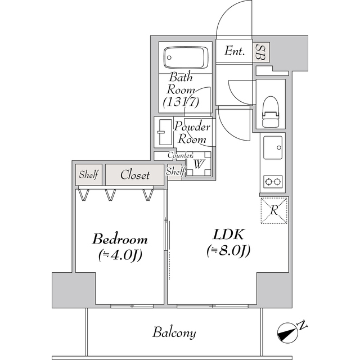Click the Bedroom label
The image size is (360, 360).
[x=120, y=238]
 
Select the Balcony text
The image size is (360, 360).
[x=174, y=332]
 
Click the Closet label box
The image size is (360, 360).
[x=135, y=175]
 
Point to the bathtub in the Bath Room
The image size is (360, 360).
[x=185, y=57]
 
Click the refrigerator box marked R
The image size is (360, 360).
[x=274, y=210]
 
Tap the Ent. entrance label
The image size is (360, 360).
[x=235, y=52]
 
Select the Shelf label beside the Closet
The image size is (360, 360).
[x=88, y=175]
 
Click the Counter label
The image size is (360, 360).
[x=181, y=155]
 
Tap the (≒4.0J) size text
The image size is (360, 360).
[x=119, y=255]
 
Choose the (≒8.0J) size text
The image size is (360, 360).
[x=228, y=250]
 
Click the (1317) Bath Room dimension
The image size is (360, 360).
[x=180, y=102]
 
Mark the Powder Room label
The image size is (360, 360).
[x=192, y=133]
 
